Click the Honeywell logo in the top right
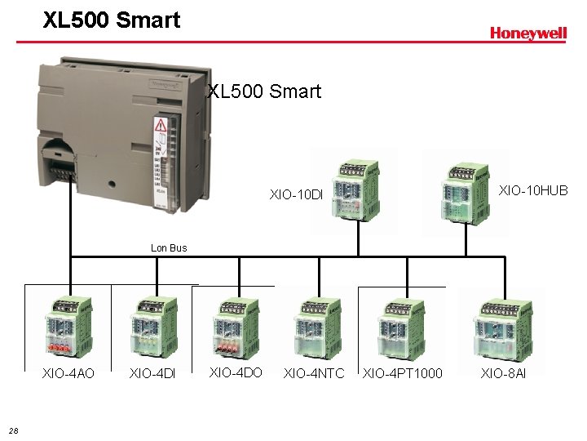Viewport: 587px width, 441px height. [x=527, y=33]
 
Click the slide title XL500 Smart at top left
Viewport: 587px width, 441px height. [x=112, y=20]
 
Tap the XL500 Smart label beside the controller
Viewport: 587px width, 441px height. [x=265, y=91]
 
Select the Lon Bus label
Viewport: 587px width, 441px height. [x=169, y=247]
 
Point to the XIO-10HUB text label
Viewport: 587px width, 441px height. [x=533, y=190]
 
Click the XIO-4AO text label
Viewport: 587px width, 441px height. [x=68, y=373]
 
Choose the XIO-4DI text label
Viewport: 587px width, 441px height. [x=152, y=373]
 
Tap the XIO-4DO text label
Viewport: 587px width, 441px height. [x=236, y=372]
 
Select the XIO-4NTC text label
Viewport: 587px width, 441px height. [x=313, y=373]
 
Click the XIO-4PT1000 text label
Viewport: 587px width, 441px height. [x=403, y=373]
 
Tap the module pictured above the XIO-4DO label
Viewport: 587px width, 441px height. [x=236, y=329]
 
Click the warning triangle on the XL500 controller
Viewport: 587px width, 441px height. [x=161, y=127]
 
